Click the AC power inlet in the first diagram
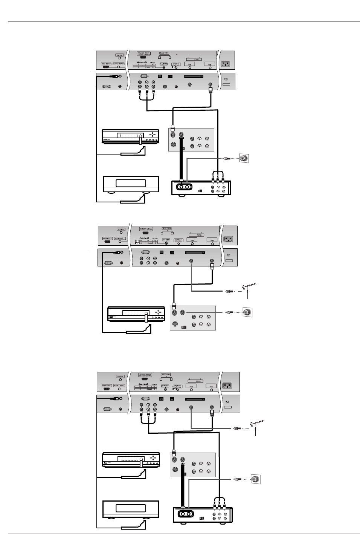[227, 64]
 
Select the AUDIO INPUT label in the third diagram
[119, 386]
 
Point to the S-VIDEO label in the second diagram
[166, 240]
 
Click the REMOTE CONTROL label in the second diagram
[179, 240]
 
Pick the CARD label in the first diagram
[196, 59]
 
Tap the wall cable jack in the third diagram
[256, 479]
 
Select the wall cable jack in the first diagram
[244, 159]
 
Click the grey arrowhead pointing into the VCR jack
[188, 312]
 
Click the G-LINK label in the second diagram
[121, 229]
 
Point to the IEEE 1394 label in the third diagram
[165, 375]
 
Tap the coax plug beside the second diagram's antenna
[228, 291]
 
